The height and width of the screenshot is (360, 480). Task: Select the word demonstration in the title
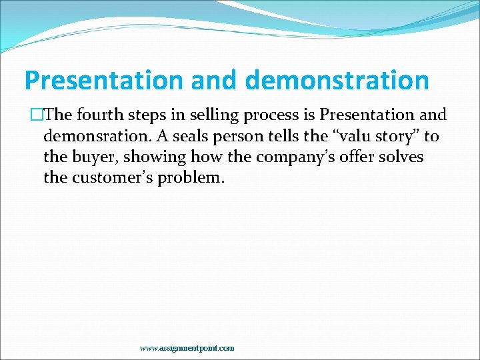pyautogui.click(x=337, y=81)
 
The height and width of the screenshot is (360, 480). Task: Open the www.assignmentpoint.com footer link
pyautogui.click(x=187, y=348)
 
